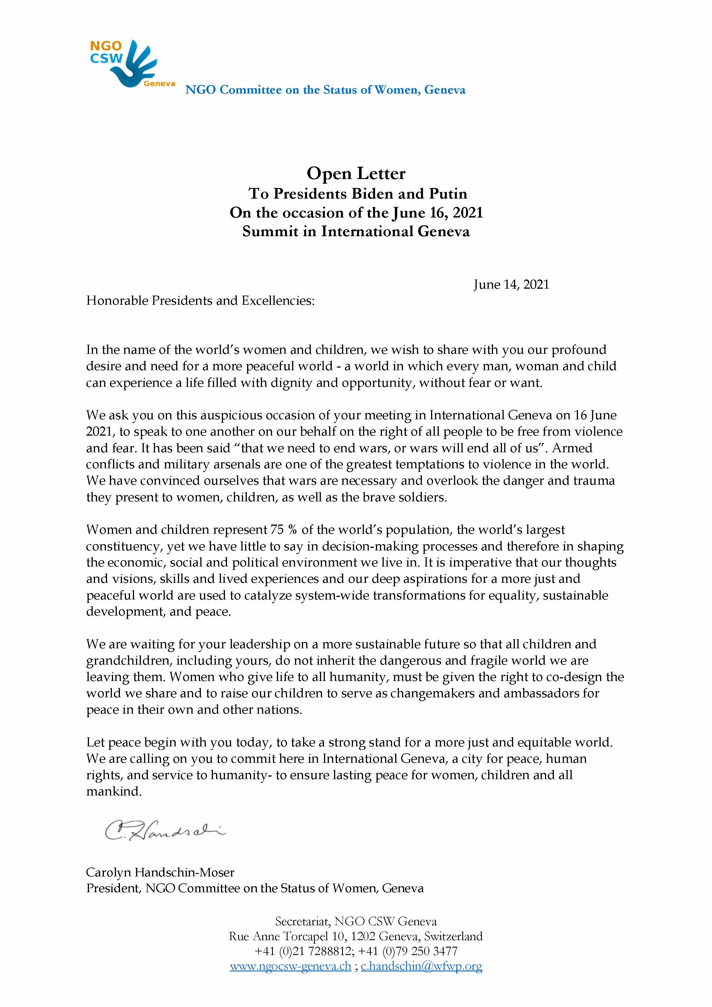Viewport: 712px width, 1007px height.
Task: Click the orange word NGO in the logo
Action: coord(106,46)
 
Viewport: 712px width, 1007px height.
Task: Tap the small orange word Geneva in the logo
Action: coord(159,84)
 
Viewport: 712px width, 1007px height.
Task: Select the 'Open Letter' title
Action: coord(356,173)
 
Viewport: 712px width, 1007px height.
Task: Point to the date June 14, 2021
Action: coord(511,285)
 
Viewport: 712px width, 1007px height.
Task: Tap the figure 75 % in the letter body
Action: coord(284,530)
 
